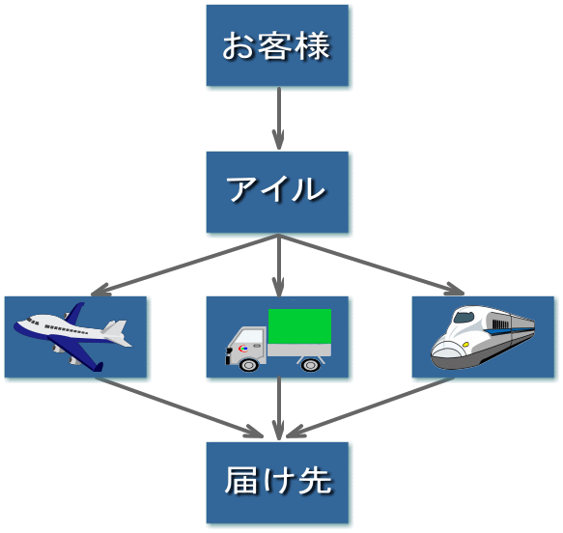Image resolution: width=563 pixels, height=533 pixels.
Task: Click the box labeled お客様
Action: pos(277,45)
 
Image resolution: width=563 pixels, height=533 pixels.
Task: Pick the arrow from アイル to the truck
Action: pos(278,266)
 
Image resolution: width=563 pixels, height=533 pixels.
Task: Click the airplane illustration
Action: pos(73,336)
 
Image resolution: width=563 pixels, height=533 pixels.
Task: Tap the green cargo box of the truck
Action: pos(299,331)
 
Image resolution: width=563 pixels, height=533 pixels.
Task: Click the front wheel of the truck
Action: pos(245,363)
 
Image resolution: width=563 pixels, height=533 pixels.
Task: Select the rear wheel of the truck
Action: pos(310,364)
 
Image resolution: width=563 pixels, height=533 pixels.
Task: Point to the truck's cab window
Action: pos(240,337)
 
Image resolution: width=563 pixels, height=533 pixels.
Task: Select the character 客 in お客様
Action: pos(277,45)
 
